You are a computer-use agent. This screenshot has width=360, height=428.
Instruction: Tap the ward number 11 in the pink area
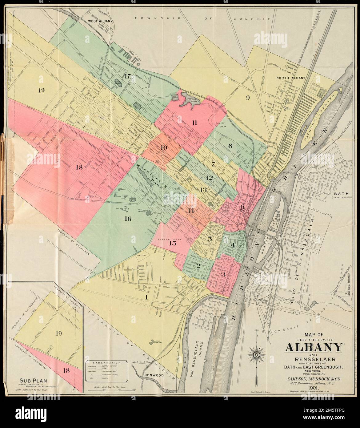pos(194,123)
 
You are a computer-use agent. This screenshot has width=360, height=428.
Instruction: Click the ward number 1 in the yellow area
pos(147,297)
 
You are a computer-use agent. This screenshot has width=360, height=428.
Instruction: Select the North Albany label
pos(290,78)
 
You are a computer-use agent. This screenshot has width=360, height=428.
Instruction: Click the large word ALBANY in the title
pos(314,347)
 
